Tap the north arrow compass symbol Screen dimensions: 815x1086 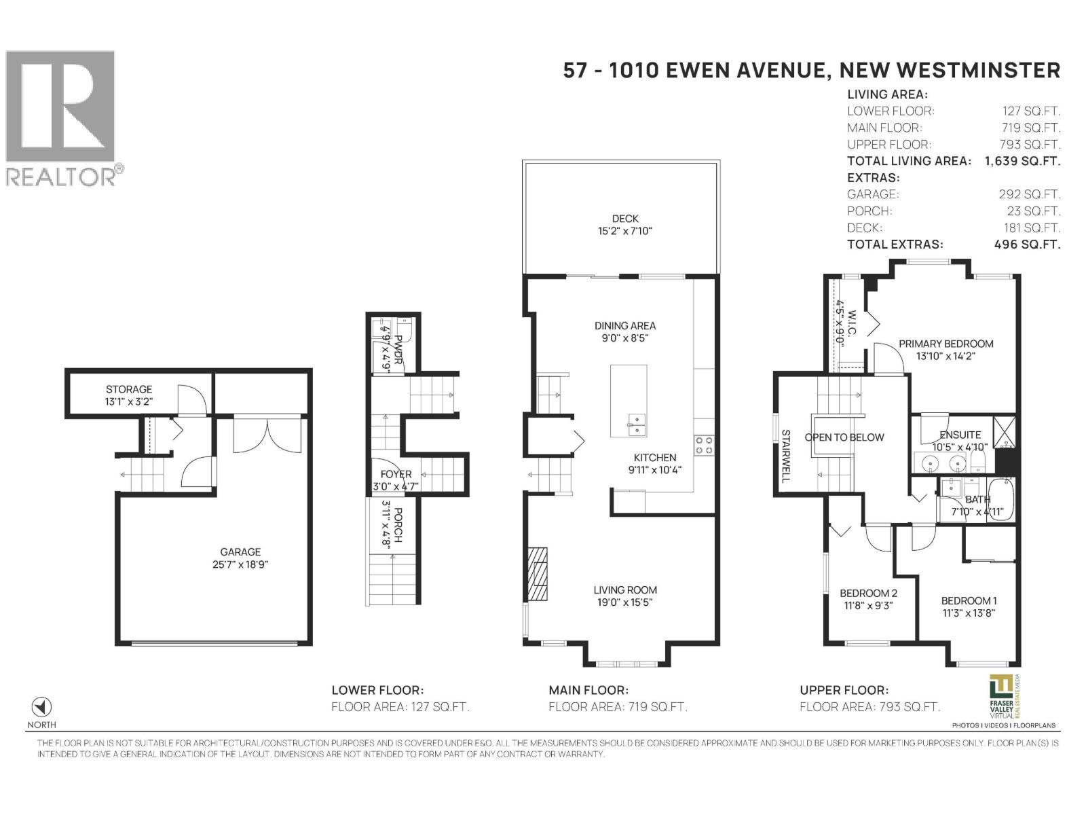click(42, 706)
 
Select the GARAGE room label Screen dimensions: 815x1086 click(240, 552)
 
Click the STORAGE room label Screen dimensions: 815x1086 click(129, 389)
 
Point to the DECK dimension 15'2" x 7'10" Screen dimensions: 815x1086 click(624, 231)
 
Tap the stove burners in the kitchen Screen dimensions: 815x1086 click(704, 446)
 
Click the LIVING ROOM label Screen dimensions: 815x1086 click(625, 590)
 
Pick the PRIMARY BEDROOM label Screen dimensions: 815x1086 click(945, 344)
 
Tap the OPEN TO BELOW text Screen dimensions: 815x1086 click(844, 437)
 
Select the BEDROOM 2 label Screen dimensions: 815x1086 click(868, 593)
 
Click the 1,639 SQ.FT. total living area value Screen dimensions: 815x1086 click(1022, 161)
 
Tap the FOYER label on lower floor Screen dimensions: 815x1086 click(396, 474)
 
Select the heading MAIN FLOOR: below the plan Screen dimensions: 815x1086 click(588, 690)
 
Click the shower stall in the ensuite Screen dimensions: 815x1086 click(1003, 431)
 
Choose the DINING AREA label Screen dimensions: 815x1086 click(625, 326)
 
